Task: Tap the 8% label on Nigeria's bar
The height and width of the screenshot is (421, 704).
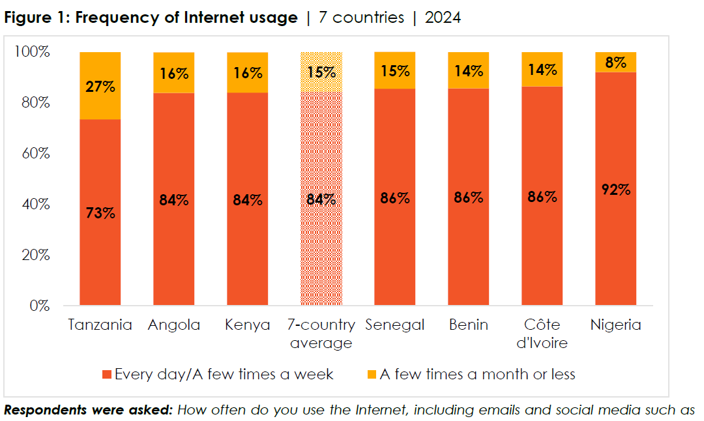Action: pyautogui.click(x=616, y=63)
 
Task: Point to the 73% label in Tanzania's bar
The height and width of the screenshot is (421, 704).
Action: pyautogui.click(x=100, y=212)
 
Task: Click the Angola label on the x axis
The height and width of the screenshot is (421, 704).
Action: pyautogui.click(x=173, y=325)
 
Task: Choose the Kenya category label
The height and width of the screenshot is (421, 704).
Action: pyautogui.click(x=247, y=325)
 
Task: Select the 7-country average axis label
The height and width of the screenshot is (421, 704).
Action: pyautogui.click(x=321, y=333)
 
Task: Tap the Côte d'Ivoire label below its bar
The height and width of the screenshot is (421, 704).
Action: pyautogui.click(x=542, y=333)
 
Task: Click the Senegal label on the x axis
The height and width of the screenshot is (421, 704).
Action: pyautogui.click(x=395, y=325)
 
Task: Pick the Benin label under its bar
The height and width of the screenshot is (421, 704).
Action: pyautogui.click(x=468, y=325)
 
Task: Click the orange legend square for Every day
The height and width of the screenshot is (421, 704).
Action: pyautogui.click(x=107, y=375)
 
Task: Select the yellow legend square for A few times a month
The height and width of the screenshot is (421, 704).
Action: pyautogui.click(x=372, y=375)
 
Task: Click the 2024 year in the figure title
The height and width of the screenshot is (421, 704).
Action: pyautogui.click(x=443, y=18)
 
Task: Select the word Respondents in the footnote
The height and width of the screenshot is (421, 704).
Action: pyautogui.click(x=42, y=411)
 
